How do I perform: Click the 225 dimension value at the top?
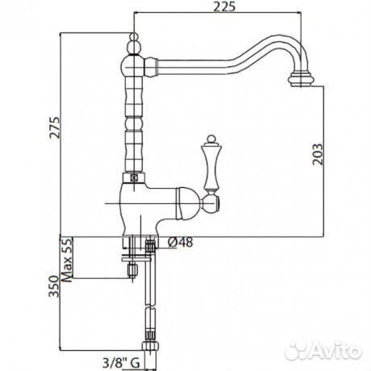click(224, 6)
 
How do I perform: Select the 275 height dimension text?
click(56, 127)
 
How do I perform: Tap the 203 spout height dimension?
click(318, 154)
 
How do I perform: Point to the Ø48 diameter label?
click(181, 243)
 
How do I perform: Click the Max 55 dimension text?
click(67, 260)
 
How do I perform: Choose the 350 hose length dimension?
click(53, 286)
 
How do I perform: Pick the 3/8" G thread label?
click(121, 364)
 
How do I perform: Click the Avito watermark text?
click(337, 350)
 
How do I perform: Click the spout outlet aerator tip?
click(301, 79)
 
